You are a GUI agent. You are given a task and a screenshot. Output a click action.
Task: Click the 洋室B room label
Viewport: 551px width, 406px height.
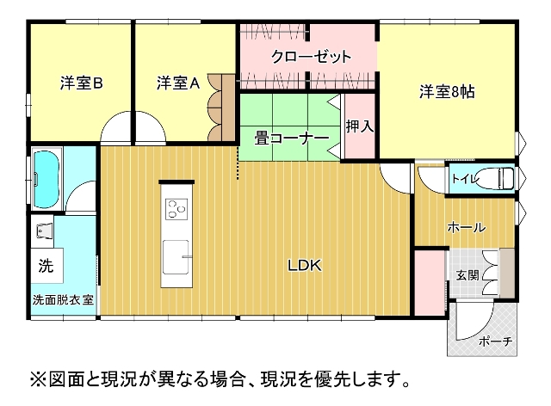click(81, 83)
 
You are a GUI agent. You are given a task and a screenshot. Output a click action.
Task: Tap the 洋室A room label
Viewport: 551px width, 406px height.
click(178, 83)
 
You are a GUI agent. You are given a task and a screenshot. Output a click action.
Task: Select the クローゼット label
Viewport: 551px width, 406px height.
click(311, 56)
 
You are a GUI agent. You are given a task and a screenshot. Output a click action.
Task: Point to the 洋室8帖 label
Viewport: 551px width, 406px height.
click(447, 92)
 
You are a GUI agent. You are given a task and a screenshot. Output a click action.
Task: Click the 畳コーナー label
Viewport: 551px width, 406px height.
click(292, 138)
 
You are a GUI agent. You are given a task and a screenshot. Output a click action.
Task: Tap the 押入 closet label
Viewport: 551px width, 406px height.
click(360, 126)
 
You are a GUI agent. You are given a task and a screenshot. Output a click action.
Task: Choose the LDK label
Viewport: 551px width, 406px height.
click(305, 266)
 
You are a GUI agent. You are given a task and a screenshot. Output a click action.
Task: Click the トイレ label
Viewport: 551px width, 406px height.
click(465, 179)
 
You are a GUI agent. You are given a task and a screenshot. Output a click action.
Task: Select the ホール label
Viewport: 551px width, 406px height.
click(467, 228)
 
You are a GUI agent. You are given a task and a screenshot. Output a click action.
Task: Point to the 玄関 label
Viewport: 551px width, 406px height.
click(467, 275)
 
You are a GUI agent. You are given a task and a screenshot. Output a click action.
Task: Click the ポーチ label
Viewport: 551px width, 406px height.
click(496, 341)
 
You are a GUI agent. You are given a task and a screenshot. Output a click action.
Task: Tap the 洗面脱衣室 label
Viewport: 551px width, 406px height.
click(63, 300)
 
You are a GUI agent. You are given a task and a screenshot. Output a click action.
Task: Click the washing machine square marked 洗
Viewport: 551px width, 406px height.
click(46, 266)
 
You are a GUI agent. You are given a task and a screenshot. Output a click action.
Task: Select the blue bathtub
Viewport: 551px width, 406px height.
click(46, 179)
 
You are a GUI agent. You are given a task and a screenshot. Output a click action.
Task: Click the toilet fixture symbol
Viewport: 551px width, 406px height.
click(496, 178)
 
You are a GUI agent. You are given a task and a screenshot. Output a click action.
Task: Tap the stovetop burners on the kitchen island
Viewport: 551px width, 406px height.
click(176, 209)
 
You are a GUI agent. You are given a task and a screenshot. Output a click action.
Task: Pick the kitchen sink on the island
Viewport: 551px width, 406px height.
click(176, 256)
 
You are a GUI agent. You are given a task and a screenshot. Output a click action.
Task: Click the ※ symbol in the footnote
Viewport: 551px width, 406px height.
click(38, 379)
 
